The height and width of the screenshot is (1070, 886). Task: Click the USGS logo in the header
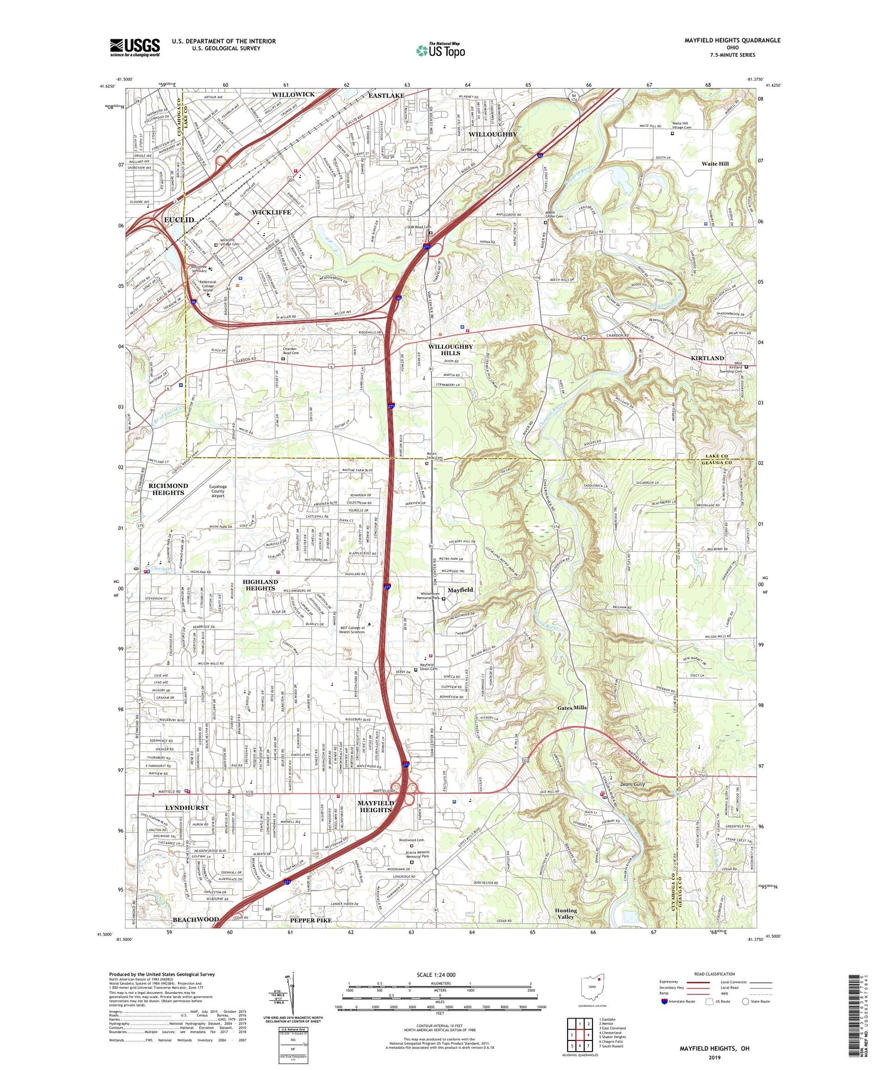point(135,47)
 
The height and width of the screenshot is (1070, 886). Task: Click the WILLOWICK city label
point(293,94)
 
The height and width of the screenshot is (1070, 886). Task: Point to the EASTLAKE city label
point(386,96)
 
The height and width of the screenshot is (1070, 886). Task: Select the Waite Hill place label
point(715,163)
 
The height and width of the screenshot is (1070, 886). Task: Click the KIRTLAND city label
point(707,358)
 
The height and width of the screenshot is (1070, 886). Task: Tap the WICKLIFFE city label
point(271,212)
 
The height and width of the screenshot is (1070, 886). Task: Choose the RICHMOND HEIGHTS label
point(168,489)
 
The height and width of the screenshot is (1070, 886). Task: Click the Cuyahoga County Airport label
point(218,491)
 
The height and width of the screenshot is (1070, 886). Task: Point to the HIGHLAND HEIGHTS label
point(260,585)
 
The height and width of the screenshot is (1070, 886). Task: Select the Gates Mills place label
point(572,708)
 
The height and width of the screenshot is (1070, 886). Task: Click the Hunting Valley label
point(566,914)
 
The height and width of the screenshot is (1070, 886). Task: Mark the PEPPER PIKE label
point(311,920)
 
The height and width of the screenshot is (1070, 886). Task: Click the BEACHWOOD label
point(196,920)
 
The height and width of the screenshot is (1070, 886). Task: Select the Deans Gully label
point(633,784)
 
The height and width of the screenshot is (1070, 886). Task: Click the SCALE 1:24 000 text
point(436,975)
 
